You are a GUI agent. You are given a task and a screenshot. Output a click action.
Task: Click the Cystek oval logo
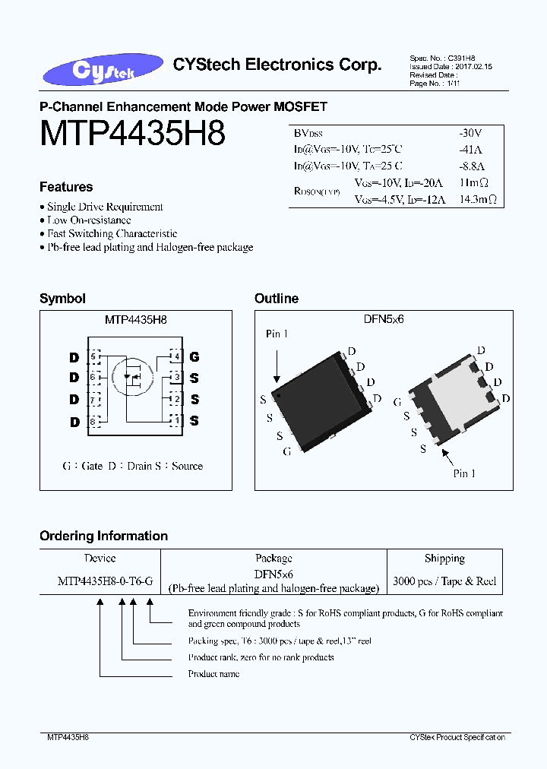coord(103,69)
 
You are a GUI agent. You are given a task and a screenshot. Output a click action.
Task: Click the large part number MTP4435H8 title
coord(132,133)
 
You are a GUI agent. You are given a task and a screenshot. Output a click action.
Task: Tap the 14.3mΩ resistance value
coord(479,199)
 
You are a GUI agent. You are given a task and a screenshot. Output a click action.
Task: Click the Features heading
coord(66,187)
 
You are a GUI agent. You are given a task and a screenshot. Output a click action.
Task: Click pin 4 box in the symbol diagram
coord(175,356)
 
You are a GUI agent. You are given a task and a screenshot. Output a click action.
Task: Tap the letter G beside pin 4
coord(194,356)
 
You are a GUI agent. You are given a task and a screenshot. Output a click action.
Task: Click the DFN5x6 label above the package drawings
coord(383,320)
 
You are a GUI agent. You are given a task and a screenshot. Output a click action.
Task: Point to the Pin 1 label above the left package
coord(277,334)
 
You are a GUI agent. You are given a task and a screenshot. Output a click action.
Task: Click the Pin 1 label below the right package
coord(464,473)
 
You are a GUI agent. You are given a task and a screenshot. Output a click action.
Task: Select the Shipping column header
coord(444,559)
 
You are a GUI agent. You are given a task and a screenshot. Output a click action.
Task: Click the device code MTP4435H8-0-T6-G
coord(105,581)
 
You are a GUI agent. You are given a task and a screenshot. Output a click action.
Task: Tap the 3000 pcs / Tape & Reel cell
coord(444,581)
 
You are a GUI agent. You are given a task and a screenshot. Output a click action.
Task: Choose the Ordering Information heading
coord(103,536)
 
